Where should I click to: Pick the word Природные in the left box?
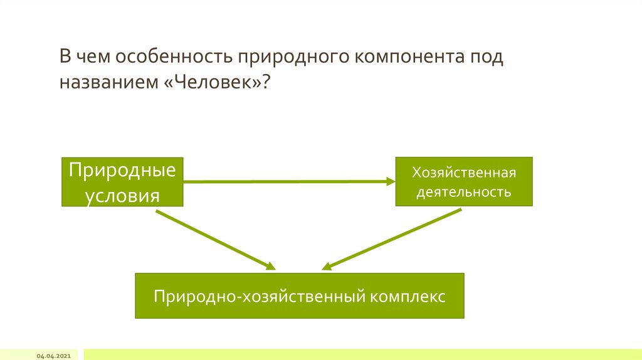122,171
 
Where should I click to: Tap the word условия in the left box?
122,194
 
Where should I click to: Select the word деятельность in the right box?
463,192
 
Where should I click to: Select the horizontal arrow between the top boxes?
288,181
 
